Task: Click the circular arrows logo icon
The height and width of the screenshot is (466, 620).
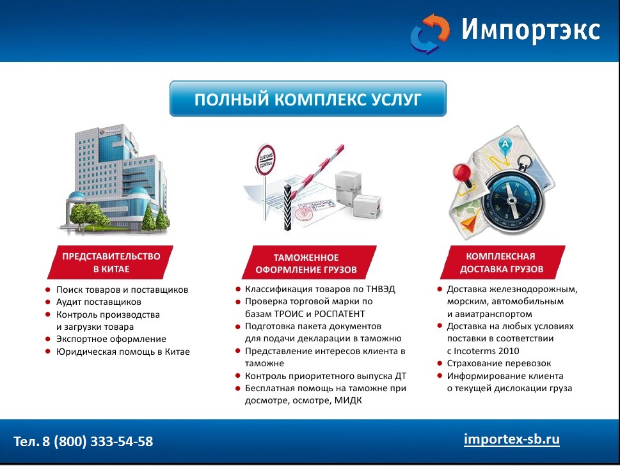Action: (430, 34)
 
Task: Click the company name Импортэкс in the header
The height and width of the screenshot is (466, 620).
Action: (531, 29)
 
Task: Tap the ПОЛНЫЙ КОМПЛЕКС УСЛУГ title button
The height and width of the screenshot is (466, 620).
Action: (308, 98)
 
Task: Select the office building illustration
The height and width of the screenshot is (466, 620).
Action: (114, 179)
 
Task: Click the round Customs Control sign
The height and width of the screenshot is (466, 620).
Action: (266, 160)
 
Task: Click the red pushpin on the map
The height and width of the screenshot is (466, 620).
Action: (463, 175)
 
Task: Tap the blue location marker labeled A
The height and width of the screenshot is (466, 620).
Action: (505, 145)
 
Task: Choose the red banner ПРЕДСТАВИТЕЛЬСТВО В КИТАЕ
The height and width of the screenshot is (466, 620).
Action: (110, 262)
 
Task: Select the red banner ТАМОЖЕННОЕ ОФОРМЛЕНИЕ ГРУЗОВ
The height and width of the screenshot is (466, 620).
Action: (309, 263)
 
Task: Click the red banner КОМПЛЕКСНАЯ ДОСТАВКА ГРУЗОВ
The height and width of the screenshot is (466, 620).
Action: (502, 262)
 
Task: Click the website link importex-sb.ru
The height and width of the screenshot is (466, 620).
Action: (512, 439)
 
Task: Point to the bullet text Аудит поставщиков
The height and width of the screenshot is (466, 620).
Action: (99, 302)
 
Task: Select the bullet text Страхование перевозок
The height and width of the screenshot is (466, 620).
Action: (498, 363)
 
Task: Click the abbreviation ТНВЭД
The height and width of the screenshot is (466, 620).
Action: (381, 289)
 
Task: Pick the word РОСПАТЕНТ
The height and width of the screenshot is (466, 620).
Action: (340, 314)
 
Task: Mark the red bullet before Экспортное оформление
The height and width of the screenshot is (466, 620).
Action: (48, 339)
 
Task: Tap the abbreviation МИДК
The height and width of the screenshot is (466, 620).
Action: (348, 400)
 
